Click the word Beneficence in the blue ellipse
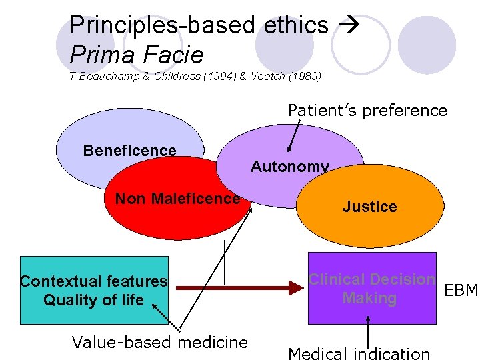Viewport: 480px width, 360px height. pos(129,151)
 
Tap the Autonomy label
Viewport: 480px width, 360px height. pos(289,167)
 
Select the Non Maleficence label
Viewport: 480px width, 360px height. pos(177,198)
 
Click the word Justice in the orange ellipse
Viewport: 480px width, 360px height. pos(369,207)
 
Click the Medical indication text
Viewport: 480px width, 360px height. pos(359,353)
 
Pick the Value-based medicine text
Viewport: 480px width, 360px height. pos(159,343)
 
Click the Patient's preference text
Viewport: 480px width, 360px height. pos(367,110)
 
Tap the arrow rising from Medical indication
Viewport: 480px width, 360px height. pos(368,331)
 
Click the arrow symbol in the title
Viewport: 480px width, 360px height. pos(349,26)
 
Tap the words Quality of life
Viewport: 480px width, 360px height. pos(93,300)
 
